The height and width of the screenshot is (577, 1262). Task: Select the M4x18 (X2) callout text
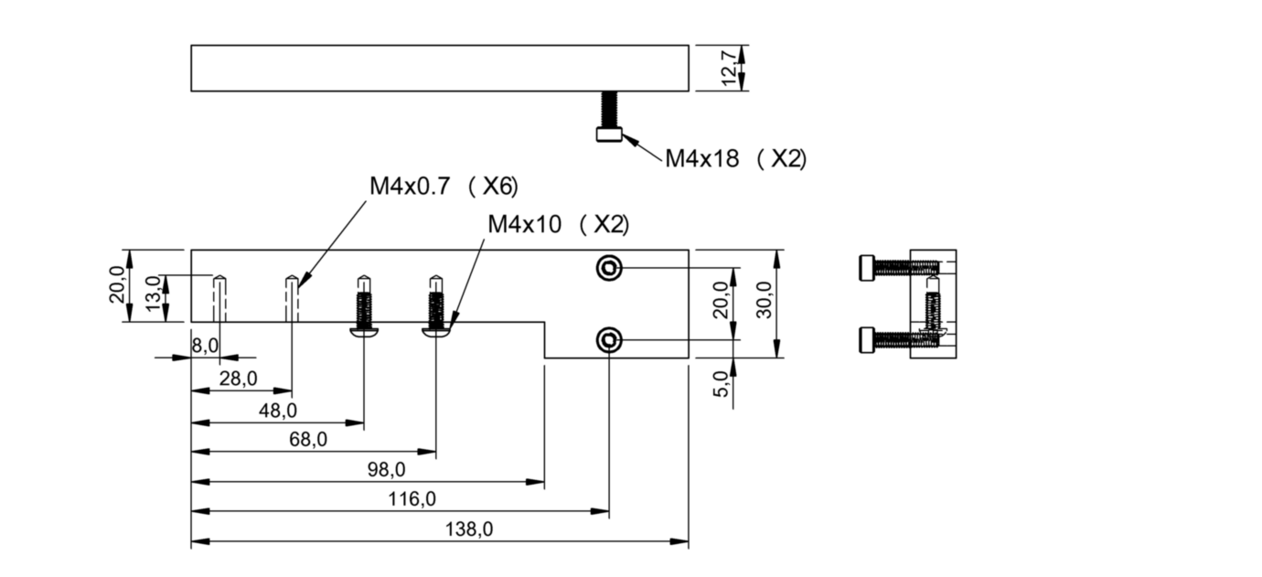734,158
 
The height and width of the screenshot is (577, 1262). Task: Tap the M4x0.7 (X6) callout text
443,187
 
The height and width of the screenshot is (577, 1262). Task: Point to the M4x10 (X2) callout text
558,224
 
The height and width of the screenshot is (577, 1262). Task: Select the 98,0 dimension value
385,469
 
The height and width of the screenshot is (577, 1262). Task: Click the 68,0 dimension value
307,439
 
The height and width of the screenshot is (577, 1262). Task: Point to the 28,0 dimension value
237,379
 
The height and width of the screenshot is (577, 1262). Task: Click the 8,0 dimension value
204,346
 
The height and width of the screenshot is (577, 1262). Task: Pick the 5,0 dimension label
721,383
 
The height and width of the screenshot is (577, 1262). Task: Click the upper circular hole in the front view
608,268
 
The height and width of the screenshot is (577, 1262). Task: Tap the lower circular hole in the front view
608,341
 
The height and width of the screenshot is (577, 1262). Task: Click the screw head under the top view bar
608,134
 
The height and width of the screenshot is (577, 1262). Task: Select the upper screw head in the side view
867,268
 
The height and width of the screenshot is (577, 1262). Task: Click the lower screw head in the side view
867,341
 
